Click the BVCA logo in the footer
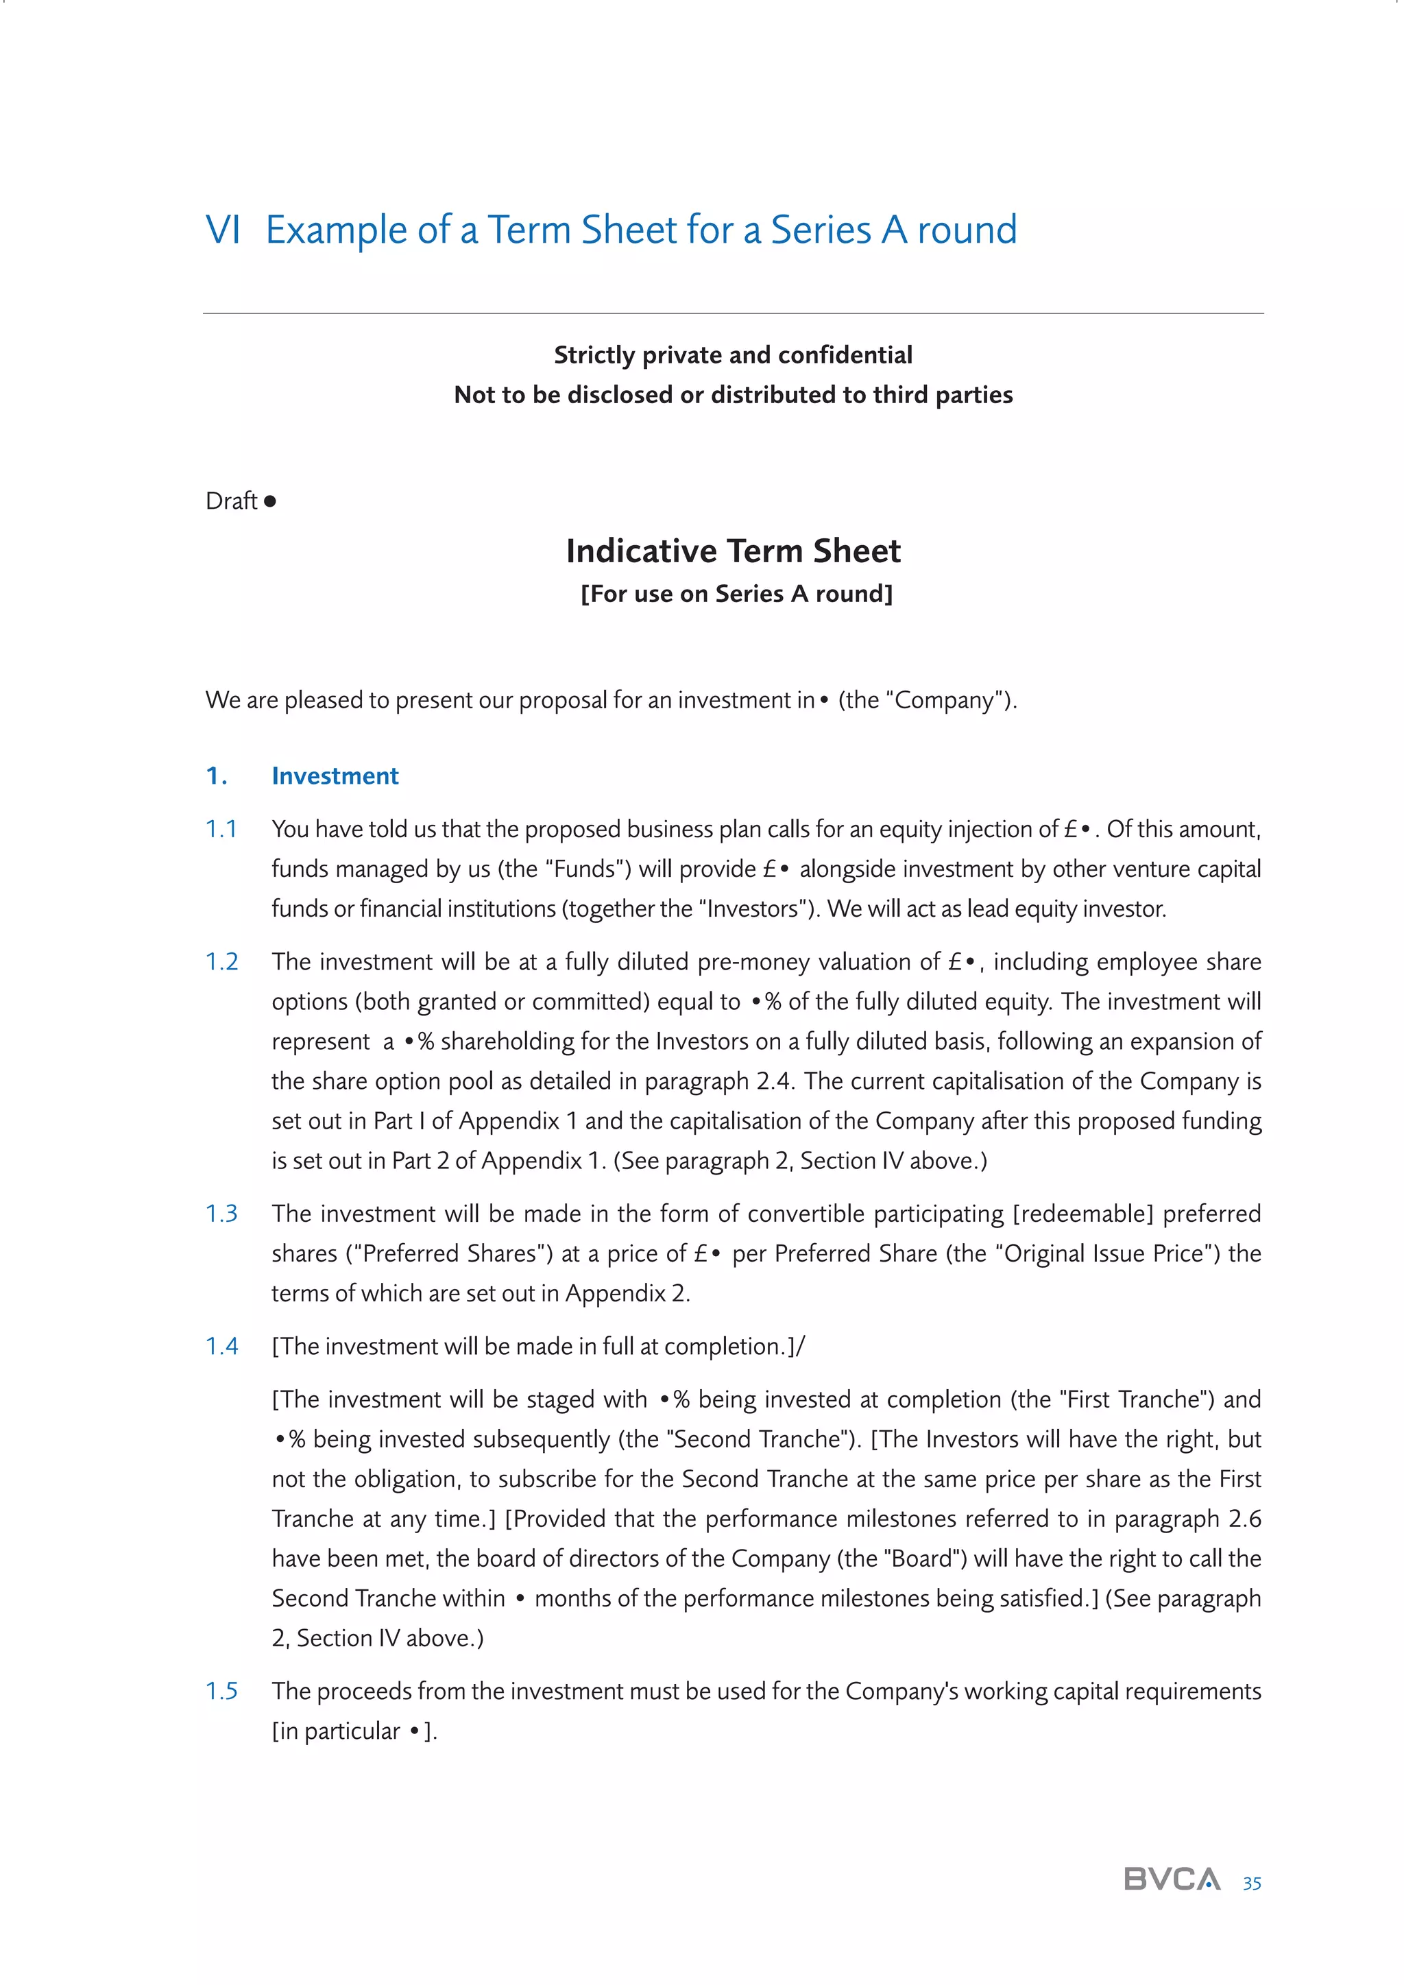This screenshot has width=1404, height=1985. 1172,1879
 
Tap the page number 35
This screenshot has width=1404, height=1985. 1251,1883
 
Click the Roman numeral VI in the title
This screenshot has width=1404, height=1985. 222,230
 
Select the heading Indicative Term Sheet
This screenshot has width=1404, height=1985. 732,551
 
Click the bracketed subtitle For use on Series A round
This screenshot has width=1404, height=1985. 736,594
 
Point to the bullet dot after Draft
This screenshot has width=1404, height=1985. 269,501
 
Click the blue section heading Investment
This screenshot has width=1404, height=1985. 335,775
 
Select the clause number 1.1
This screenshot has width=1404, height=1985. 221,829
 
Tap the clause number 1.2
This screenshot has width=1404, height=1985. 221,961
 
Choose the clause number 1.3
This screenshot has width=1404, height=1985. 221,1214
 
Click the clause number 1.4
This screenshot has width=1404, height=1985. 221,1346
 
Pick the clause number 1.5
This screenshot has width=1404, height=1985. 221,1691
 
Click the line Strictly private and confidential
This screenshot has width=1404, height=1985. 732,354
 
